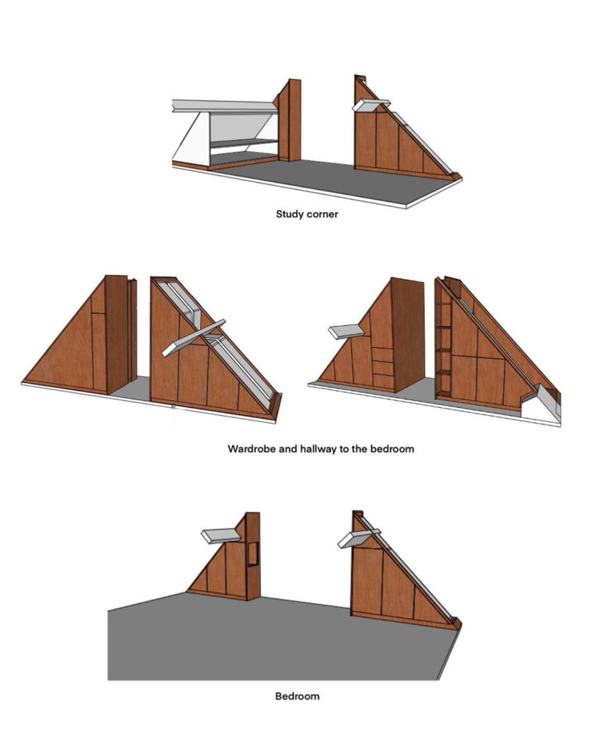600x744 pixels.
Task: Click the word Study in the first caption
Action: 289,214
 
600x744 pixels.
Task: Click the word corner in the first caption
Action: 322,214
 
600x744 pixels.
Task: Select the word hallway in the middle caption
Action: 318,449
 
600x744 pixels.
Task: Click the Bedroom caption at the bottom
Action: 298,696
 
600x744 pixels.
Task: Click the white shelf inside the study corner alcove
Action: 244,143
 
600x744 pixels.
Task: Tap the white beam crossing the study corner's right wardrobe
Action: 371,105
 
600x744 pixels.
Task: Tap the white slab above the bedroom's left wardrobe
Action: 220,535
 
